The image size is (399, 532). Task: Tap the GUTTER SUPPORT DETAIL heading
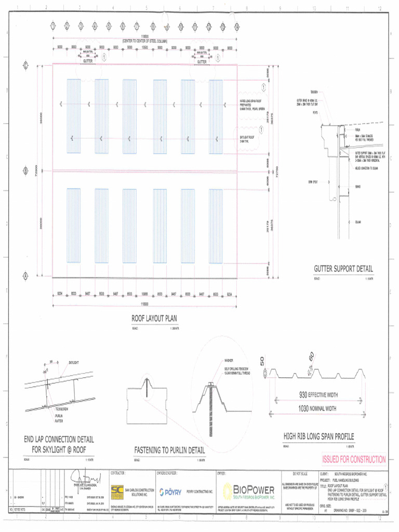(343, 269)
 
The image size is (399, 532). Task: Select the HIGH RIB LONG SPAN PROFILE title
(318, 436)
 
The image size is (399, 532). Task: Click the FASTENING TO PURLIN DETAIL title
(169, 450)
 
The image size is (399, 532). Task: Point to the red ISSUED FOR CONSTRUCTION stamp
(354, 459)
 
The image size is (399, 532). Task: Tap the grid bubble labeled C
(25, 65)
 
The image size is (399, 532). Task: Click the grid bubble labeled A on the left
(25, 276)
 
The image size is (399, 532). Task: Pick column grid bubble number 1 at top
(53, 26)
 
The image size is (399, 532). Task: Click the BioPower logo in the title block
(249, 491)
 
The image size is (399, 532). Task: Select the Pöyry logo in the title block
(170, 492)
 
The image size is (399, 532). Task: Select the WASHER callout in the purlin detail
(229, 360)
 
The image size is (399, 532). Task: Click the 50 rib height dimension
(263, 361)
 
